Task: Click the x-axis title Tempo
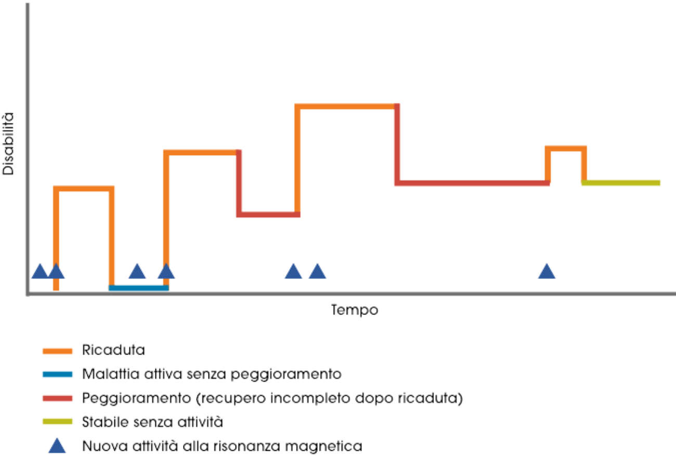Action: (354, 310)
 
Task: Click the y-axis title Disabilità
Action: (8, 144)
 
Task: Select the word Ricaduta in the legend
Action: (113, 350)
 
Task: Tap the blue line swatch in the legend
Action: (57, 374)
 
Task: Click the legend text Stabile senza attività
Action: (152, 422)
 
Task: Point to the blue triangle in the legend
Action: (57, 446)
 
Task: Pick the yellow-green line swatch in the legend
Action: (57, 422)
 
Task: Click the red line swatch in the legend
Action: (57, 398)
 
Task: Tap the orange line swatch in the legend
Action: (57, 351)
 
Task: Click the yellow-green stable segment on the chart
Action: (621, 183)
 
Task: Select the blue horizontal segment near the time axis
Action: (138, 288)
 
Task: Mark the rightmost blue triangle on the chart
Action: (547, 271)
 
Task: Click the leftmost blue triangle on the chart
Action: (40, 271)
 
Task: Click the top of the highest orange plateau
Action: (347, 106)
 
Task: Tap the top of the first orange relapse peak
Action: (84, 188)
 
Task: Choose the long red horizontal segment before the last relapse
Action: (472, 183)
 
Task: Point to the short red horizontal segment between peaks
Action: (268, 214)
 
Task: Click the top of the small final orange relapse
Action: (566, 149)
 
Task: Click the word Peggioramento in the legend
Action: (136, 398)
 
